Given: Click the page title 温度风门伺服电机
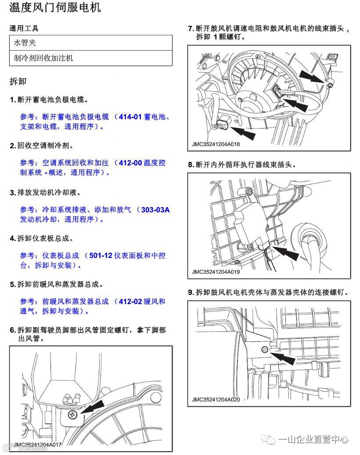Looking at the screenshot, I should pyautogui.click(x=55, y=8).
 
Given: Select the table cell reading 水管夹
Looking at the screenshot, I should pyautogui.click(x=25, y=43).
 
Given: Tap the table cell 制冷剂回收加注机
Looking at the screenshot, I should pyautogui.click(x=43, y=58).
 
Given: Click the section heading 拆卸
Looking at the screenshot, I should pyautogui.click(x=18, y=82).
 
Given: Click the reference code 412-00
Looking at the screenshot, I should pyautogui.click(x=131, y=163).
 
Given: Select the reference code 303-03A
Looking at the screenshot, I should pyautogui.click(x=155, y=209).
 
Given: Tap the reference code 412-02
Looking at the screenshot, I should pyautogui.click(x=131, y=301).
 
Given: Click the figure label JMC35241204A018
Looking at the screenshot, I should pyautogui.click(x=216, y=144).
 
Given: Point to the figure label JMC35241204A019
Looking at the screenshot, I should pyautogui.click(x=216, y=272).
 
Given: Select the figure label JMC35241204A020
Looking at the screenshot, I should pyautogui.click(x=216, y=399).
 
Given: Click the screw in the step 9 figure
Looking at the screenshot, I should pyautogui.click(x=264, y=349).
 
